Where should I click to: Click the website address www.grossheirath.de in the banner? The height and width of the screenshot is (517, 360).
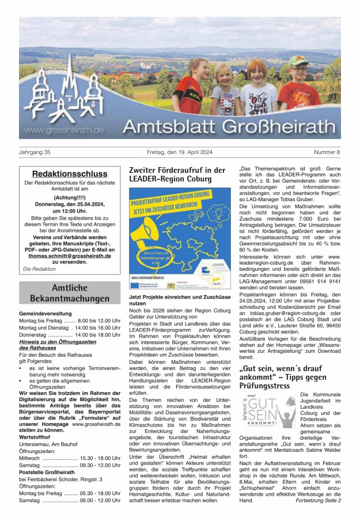[64, 130]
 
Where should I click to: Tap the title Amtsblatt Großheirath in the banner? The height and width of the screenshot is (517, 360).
[231, 126]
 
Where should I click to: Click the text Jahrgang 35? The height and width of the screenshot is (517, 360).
[35, 152]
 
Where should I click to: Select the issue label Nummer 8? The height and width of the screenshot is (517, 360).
[327, 152]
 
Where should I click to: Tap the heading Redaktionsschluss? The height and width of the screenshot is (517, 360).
[70, 173]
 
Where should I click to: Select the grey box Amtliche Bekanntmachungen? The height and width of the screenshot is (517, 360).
[70, 293]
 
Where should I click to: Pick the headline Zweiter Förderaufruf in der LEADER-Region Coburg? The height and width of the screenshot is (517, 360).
[177, 175]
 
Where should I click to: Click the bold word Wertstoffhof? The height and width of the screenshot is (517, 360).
[36, 437]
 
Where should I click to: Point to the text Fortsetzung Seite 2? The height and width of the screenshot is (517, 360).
[318, 500]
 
